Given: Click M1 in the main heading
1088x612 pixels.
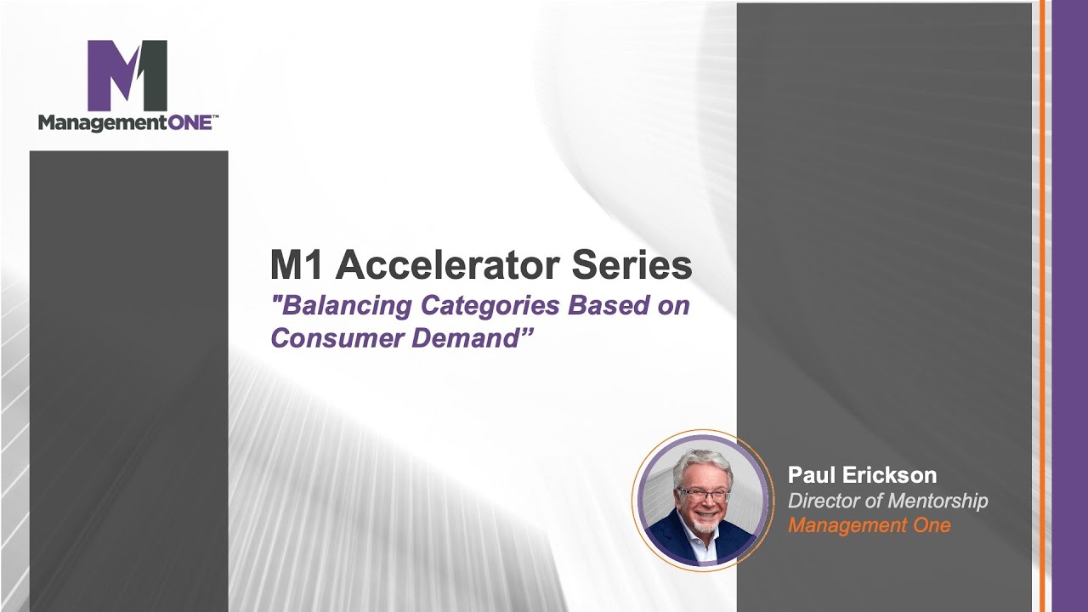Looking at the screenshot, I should tap(297, 265).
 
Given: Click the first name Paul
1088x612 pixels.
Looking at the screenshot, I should tap(813, 475).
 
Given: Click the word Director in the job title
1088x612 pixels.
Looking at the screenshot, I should tap(822, 501).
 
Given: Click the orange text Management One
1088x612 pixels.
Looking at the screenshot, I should tap(869, 525).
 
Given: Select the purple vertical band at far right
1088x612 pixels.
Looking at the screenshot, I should tap(1069, 306).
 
